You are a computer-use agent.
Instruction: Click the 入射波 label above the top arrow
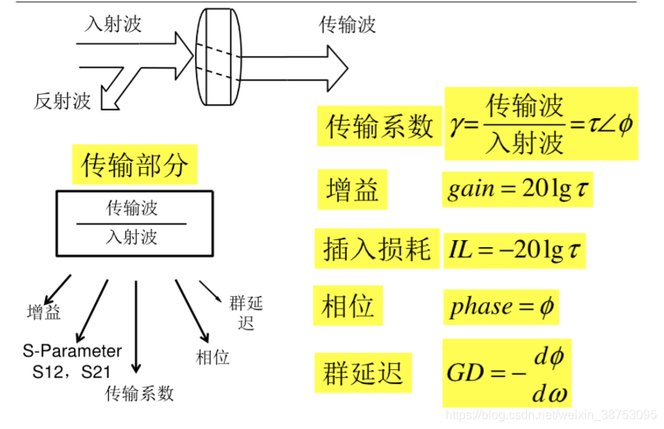(x=113, y=24)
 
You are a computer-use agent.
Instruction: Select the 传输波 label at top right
(x=348, y=25)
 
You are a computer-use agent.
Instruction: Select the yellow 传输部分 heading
(x=135, y=165)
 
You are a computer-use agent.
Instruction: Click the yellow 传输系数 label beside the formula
(x=379, y=125)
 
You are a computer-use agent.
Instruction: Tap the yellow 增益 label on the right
(x=352, y=190)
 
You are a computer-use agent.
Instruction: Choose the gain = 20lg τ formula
(x=518, y=190)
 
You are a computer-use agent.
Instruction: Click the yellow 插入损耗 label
(x=377, y=249)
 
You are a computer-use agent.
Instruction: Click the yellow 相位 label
(x=348, y=305)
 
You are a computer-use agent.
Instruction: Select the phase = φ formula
(x=501, y=306)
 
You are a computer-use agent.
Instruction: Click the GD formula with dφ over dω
(x=507, y=373)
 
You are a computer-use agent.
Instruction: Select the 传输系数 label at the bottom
(x=139, y=393)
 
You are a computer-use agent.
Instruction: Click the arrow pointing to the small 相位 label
(x=191, y=311)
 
